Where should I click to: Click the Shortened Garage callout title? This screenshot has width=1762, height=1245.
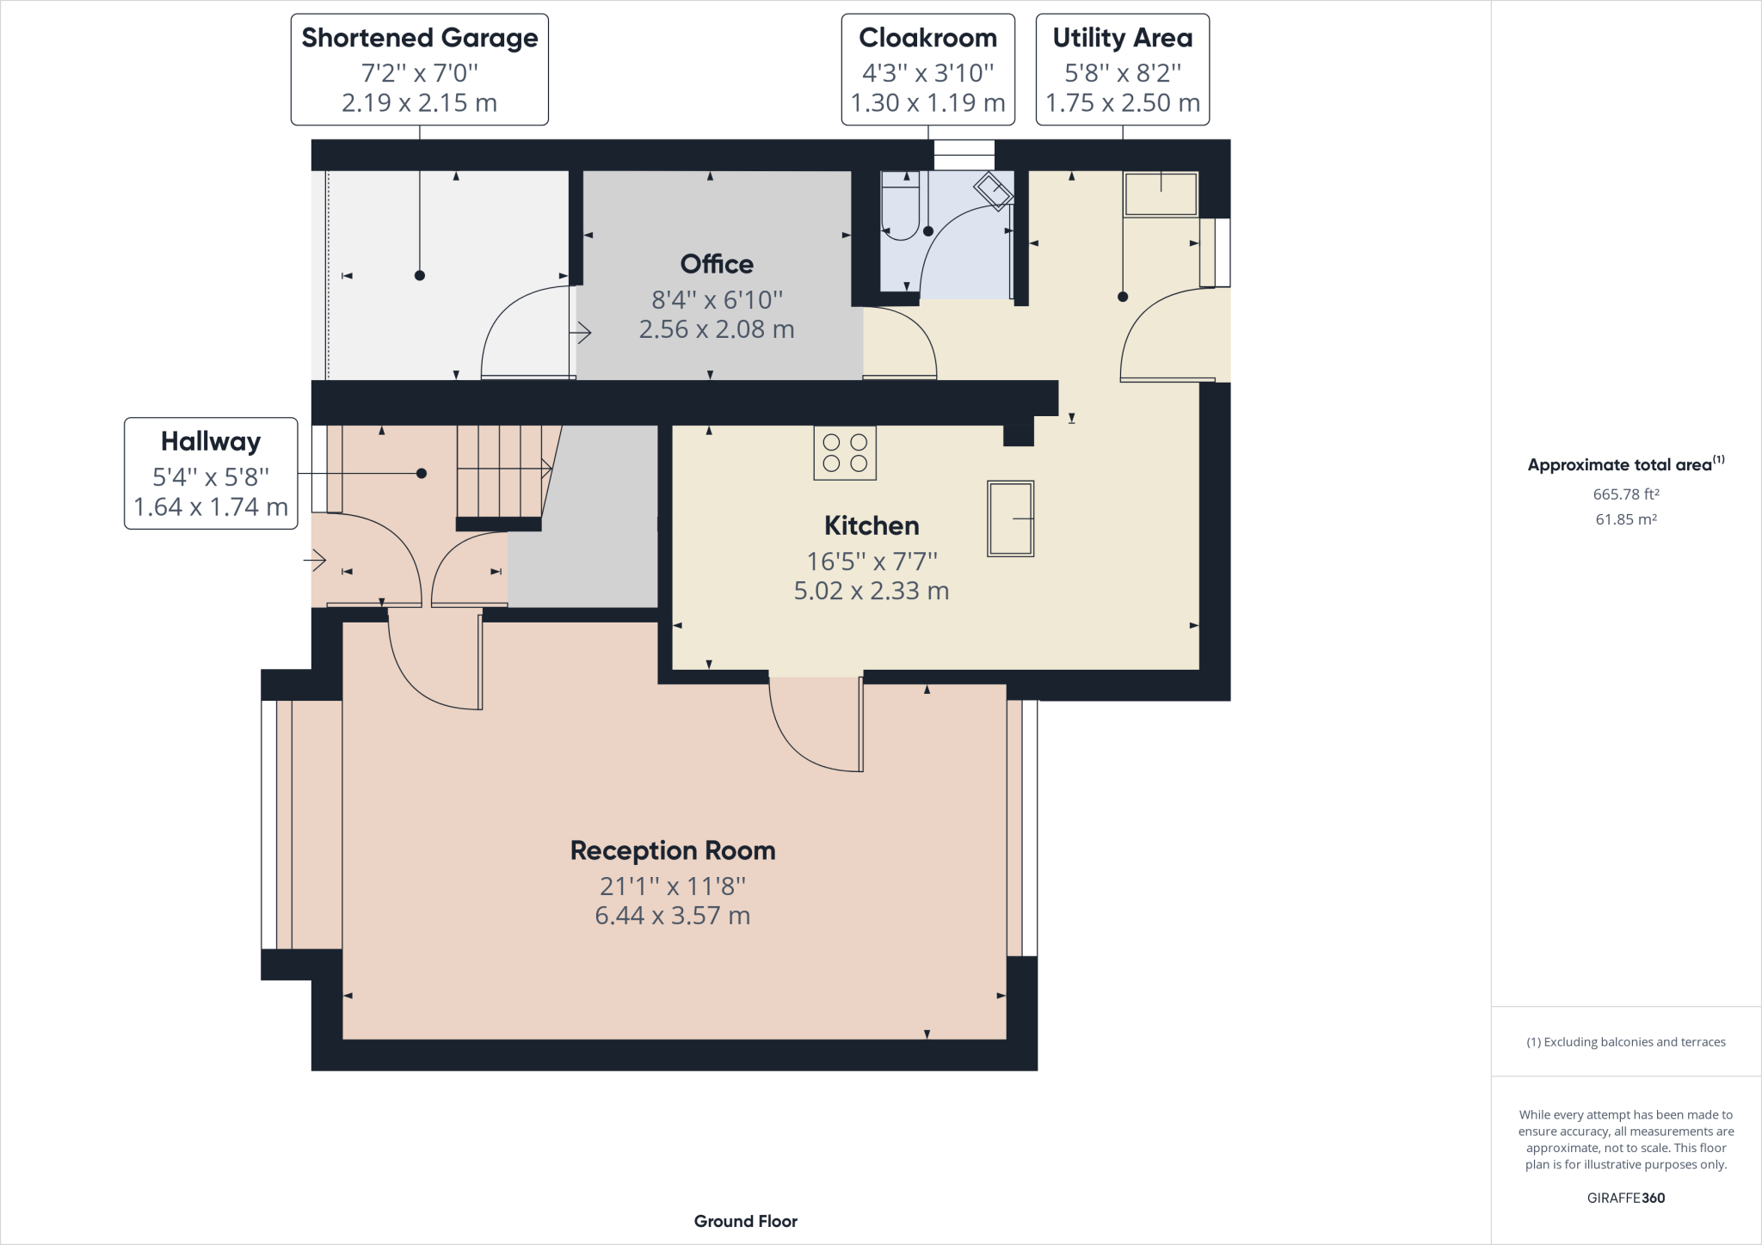[x=419, y=39]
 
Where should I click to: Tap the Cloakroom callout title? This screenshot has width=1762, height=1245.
[x=927, y=39]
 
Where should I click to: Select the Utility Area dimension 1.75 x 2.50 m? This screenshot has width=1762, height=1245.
[x=1122, y=103]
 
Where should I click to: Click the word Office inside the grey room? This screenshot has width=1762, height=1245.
[x=716, y=264]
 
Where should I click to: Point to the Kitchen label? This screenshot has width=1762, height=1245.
[x=871, y=525]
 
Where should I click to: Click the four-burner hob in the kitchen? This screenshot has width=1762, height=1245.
[x=845, y=453]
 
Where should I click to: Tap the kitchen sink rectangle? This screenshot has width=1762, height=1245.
[x=1010, y=518]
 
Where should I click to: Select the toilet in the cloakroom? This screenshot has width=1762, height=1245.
[x=900, y=206]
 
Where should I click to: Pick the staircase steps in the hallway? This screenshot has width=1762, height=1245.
[x=499, y=470]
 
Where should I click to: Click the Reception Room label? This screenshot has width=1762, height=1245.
[x=673, y=850]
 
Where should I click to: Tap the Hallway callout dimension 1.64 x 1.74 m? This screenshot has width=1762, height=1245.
[x=211, y=507]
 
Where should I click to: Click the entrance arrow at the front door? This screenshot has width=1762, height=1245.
[x=315, y=561]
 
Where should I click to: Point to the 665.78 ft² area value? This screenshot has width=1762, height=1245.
[x=1625, y=494]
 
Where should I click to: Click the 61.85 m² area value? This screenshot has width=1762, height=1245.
[x=1625, y=519]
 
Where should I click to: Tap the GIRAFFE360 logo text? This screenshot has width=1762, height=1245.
[x=1625, y=1198]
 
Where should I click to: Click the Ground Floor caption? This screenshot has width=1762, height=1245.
[x=745, y=1221]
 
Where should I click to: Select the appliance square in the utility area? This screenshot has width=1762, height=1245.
[x=1161, y=194]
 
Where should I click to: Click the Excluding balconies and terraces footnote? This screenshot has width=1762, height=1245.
[x=1625, y=1042]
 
